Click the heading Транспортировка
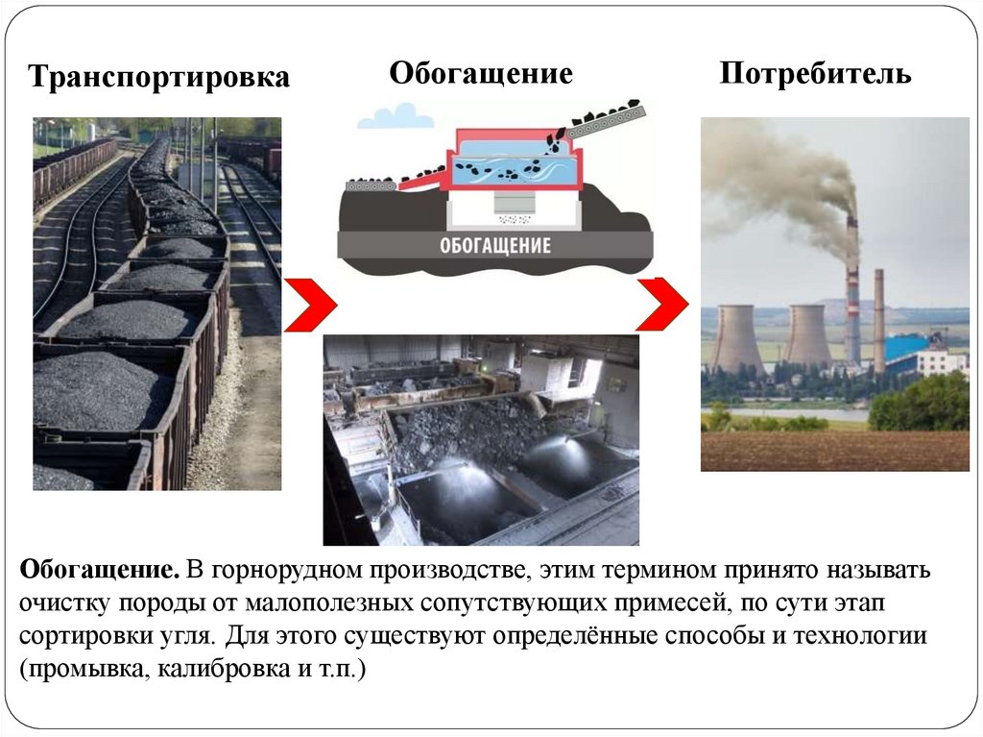158,78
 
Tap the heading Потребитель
815,74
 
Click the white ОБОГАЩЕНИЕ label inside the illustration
496,244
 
